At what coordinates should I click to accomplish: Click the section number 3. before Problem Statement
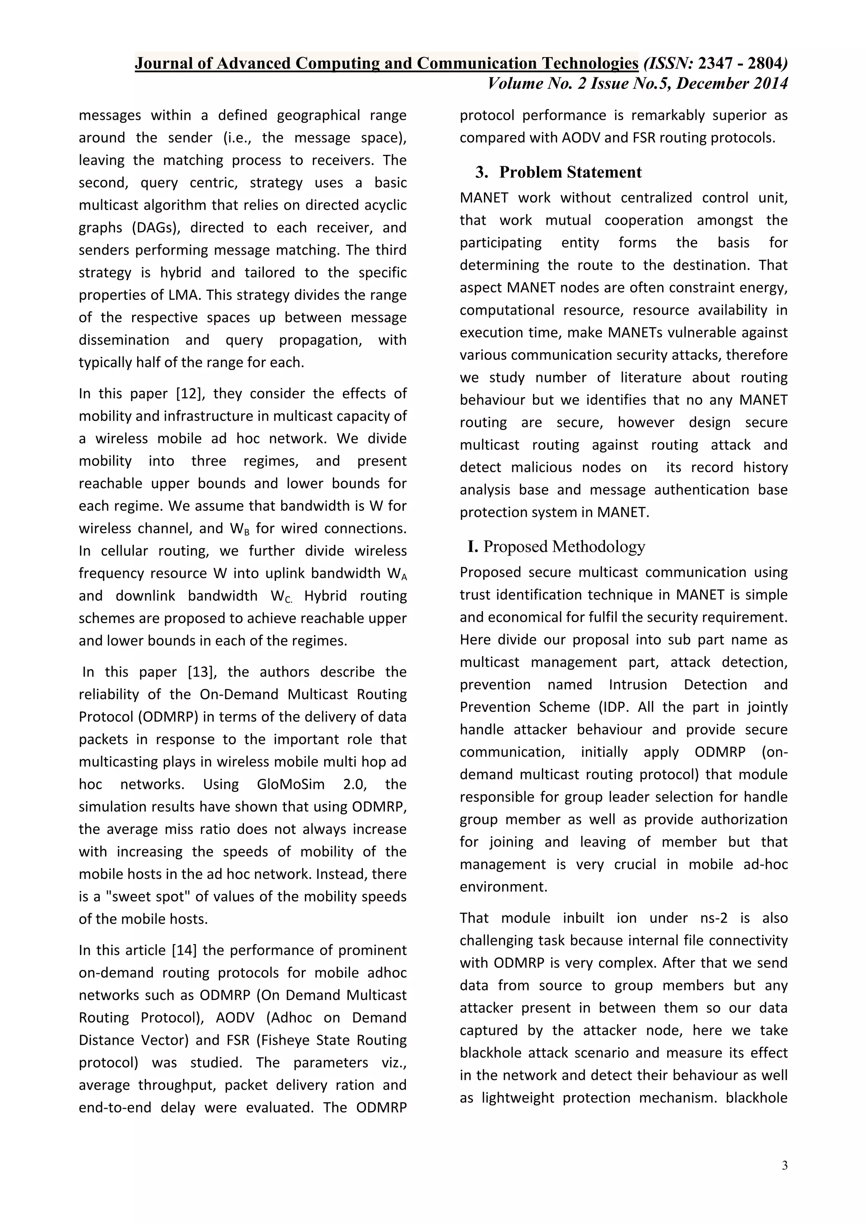(481, 172)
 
